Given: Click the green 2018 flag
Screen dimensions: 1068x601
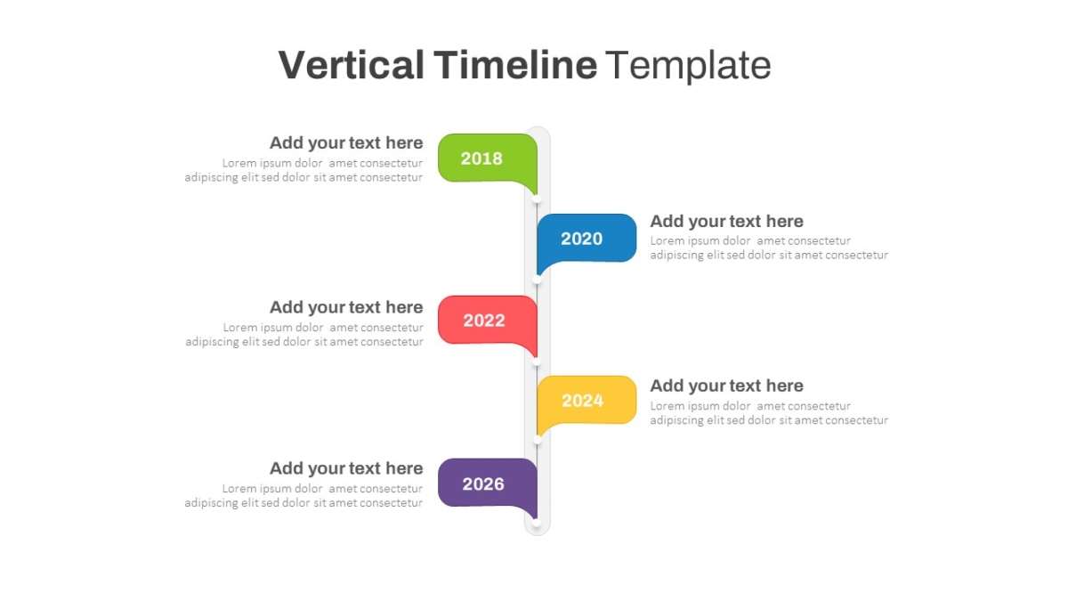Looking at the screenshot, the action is click(x=488, y=158).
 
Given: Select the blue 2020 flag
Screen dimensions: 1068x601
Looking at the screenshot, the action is click(x=587, y=239).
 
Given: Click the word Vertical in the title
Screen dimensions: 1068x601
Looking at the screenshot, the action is click(x=351, y=65).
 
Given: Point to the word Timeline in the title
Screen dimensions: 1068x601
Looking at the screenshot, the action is click(x=515, y=65).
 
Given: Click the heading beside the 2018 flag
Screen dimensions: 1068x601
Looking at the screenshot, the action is click(x=346, y=142).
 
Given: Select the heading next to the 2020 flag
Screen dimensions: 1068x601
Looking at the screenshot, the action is click(x=726, y=222).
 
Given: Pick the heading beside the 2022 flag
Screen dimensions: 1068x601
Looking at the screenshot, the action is click(x=346, y=307).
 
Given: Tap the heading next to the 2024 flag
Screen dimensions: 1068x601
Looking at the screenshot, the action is click(x=726, y=386).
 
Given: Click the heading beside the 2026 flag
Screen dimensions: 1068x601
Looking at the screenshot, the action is click(x=346, y=468).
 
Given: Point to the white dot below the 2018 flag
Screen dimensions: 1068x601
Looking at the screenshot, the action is click(x=537, y=199).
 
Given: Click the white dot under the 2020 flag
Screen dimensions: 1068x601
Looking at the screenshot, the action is click(x=537, y=280).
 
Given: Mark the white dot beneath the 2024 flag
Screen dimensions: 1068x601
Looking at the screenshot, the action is click(x=537, y=440).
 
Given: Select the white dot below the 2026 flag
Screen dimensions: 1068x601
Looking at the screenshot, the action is click(x=537, y=523).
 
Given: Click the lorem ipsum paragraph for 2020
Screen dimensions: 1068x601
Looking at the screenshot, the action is click(x=769, y=248).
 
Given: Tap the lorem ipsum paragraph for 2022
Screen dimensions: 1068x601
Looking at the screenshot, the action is click(x=304, y=335).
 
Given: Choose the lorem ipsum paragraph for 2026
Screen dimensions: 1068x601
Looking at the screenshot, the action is click(x=303, y=496).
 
